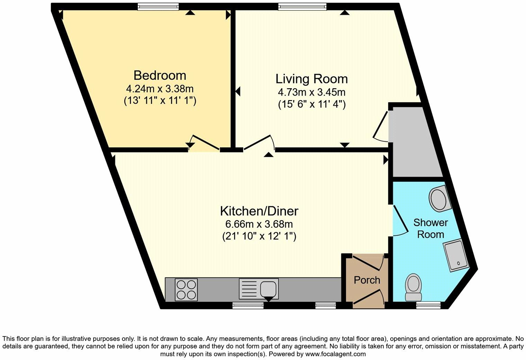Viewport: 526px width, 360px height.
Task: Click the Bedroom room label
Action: [x=160, y=75]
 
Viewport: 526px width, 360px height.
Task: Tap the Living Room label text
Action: [x=311, y=79]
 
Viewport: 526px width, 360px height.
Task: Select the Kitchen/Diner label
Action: [x=259, y=210]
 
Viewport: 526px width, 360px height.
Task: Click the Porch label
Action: [x=367, y=280]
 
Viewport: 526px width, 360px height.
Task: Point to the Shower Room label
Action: [x=430, y=228]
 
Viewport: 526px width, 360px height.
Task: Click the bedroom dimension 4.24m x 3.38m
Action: [x=160, y=89]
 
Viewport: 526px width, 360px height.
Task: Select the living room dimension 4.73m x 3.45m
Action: [x=311, y=92]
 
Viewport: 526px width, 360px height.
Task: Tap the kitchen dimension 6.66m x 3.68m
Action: [x=259, y=224]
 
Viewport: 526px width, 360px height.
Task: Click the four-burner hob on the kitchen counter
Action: [x=187, y=289]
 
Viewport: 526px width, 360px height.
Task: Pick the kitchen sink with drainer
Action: [x=259, y=289]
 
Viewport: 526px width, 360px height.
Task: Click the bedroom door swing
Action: [x=204, y=143]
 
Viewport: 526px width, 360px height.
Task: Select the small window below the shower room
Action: [x=428, y=305]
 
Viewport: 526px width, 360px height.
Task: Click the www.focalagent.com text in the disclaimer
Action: [x=335, y=354]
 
